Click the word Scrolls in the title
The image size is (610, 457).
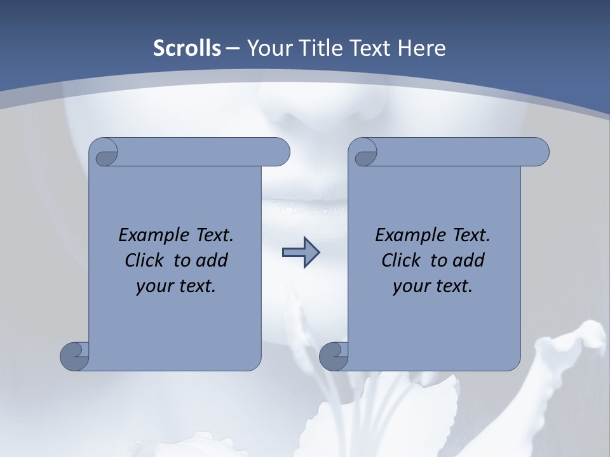coord(187,48)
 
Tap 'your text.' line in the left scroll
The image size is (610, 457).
coord(176,286)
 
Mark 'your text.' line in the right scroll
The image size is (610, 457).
coord(433,286)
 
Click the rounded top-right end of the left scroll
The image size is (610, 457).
coord(280,152)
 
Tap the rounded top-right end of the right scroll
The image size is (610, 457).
coord(539,152)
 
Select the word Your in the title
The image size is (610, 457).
coord(268,48)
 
